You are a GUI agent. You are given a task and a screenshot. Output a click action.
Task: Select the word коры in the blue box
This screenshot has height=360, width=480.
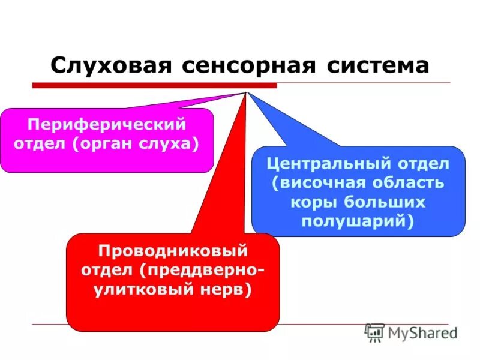point(310,201)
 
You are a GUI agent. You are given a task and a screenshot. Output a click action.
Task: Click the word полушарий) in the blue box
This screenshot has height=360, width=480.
point(358,220)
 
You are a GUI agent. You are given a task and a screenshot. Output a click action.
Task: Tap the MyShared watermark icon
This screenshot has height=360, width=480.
point(374,332)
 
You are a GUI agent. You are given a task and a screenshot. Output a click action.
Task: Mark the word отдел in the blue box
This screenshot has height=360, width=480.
point(427,164)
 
